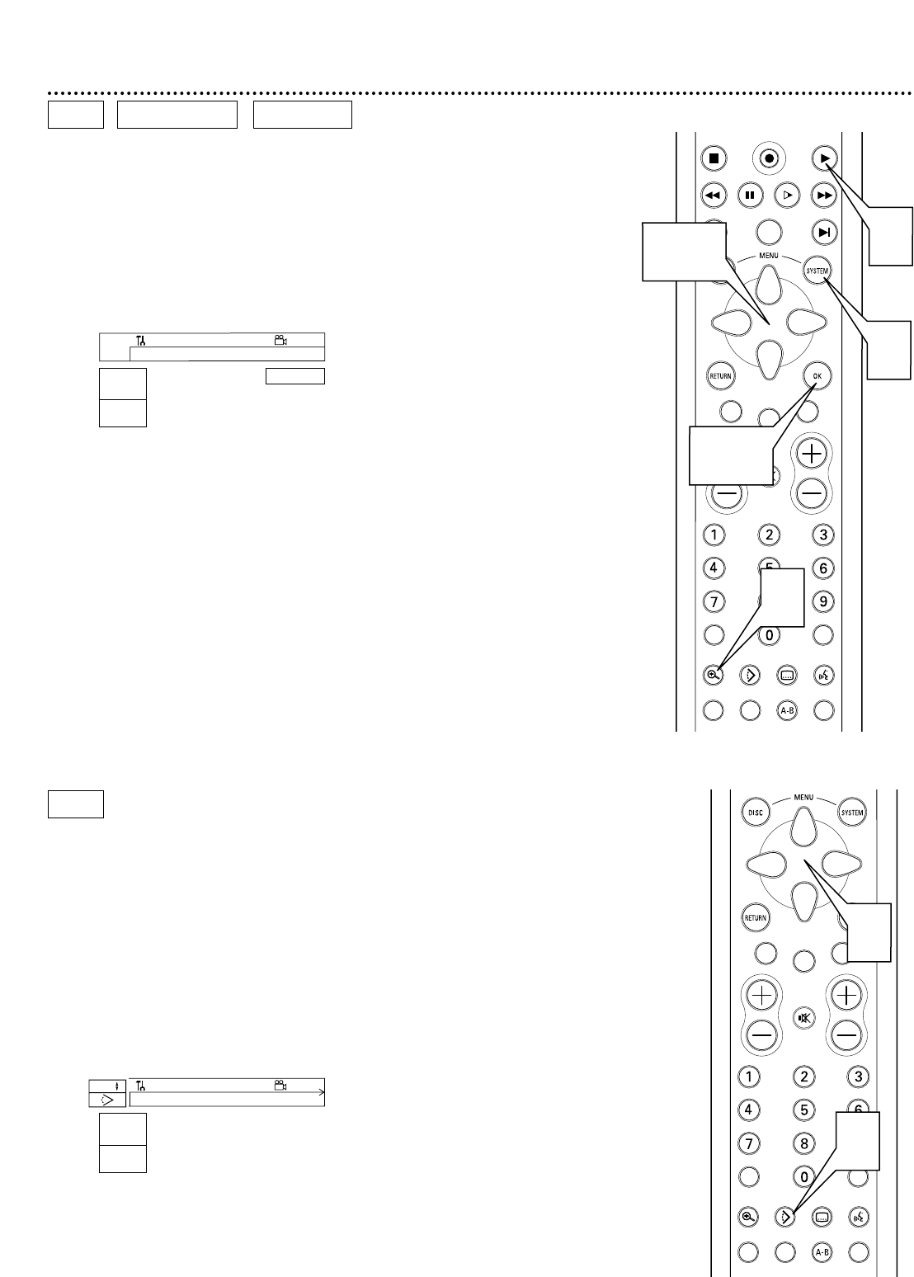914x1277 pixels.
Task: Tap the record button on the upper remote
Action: click(769, 158)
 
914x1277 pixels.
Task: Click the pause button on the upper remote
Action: click(750, 196)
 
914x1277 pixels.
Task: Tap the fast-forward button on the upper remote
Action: click(823, 196)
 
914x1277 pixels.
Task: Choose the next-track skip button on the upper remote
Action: click(823, 232)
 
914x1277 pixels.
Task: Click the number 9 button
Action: click(823, 601)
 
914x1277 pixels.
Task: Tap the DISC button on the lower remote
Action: click(756, 812)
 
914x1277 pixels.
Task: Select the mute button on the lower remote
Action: click(804, 1017)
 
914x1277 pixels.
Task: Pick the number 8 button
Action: click(803, 1143)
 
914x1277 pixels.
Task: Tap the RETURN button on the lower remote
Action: click(756, 917)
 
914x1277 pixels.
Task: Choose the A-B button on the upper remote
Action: click(787, 709)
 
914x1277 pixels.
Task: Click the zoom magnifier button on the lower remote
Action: click(749, 1216)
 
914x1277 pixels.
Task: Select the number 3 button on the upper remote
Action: click(823, 535)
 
